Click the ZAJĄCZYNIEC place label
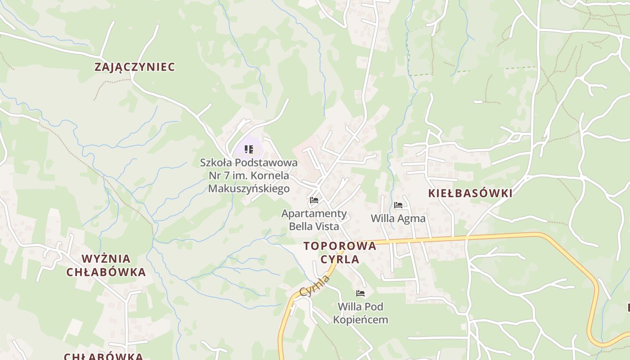point(135,67)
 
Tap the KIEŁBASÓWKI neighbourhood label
point(470,193)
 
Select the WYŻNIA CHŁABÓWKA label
point(106,265)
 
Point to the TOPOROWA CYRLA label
point(340,252)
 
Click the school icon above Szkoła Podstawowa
point(248,149)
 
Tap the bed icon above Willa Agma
point(398,205)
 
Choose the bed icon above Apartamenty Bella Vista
point(314,200)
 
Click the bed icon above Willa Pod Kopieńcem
point(360,293)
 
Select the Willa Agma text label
point(398,219)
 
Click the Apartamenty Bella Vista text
point(314,220)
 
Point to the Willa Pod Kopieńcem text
point(360,313)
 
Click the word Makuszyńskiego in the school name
point(248,188)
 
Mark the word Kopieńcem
point(360,320)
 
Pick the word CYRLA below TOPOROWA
point(340,259)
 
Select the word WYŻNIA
point(106,259)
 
